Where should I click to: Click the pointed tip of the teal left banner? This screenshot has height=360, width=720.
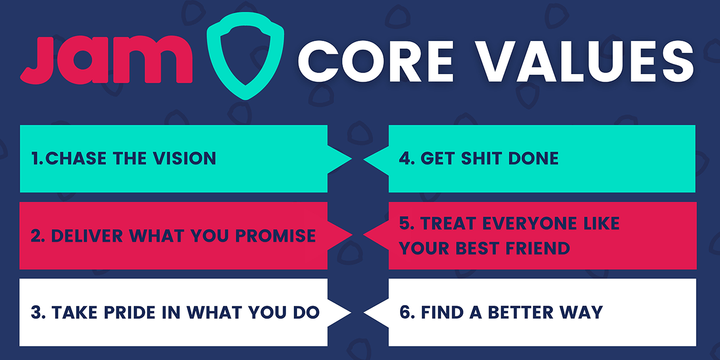(x=350, y=158)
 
